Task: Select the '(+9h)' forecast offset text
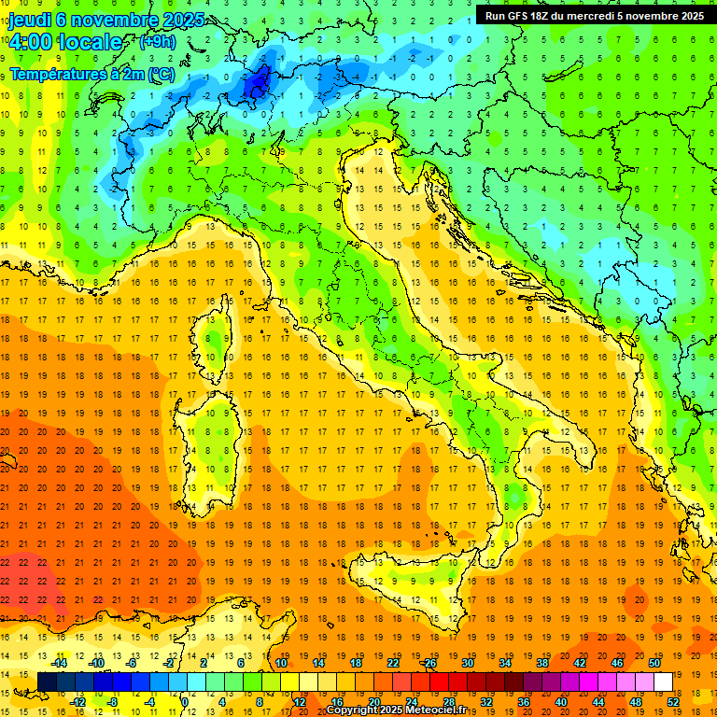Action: [157, 42]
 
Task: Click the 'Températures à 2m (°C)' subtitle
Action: [91, 73]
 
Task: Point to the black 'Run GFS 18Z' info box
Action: [595, 15]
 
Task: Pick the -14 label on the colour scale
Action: [61, 662]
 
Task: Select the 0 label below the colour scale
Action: [185, 701]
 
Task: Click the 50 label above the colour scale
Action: [654, 662]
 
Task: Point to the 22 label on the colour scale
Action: [393, 662]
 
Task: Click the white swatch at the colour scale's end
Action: [663, 682]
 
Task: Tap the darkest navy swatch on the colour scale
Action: [47, 682]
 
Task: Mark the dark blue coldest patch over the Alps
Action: [257, 84]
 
